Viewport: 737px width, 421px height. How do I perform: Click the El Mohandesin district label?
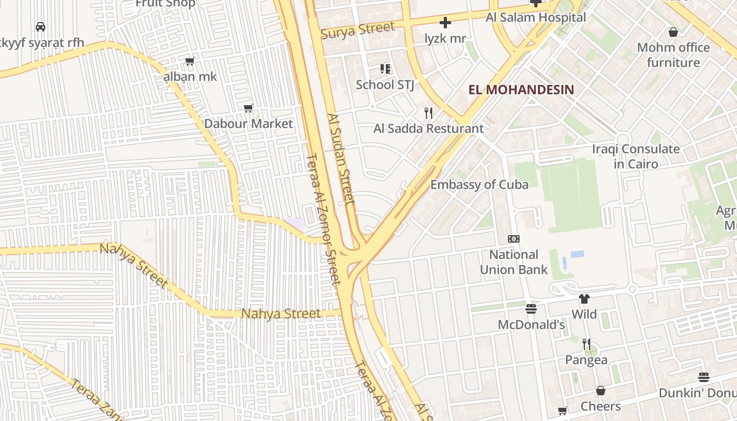click(x=521, y=89)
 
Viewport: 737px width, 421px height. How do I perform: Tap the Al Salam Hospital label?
click(x=535, y=17)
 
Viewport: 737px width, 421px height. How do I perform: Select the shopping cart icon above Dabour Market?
click(x=248, y=108)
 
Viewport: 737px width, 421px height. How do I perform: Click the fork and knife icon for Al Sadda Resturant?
click(x=429, y=113)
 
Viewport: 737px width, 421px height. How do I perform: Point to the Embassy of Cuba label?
click(x=479, y=185)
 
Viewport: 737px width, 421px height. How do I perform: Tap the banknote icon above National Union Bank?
click(x=513, y=239)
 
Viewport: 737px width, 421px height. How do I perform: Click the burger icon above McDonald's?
click(x=531, y=309)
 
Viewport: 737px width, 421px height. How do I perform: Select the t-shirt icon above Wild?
click(x=584, y=299)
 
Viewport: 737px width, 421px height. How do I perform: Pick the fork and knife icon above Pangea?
click(x=586, y=344)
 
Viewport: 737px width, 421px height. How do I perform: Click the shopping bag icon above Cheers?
click(x=601, y=390)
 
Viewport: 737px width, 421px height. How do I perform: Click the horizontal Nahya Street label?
click(x=281, y=314)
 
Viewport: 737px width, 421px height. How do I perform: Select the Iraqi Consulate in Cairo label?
click(x=635, y=156)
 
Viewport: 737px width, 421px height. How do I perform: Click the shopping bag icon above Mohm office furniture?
click(x=673, y=32)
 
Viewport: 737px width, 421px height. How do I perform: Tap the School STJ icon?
click(x=385, y=69)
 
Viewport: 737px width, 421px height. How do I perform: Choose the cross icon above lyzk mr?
click(x=445, y=23)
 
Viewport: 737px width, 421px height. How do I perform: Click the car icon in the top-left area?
click(x=40, y=26)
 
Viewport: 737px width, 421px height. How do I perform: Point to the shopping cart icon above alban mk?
click(x=190, y=61)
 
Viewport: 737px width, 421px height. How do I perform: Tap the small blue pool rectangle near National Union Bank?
click(x=577, y=254)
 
